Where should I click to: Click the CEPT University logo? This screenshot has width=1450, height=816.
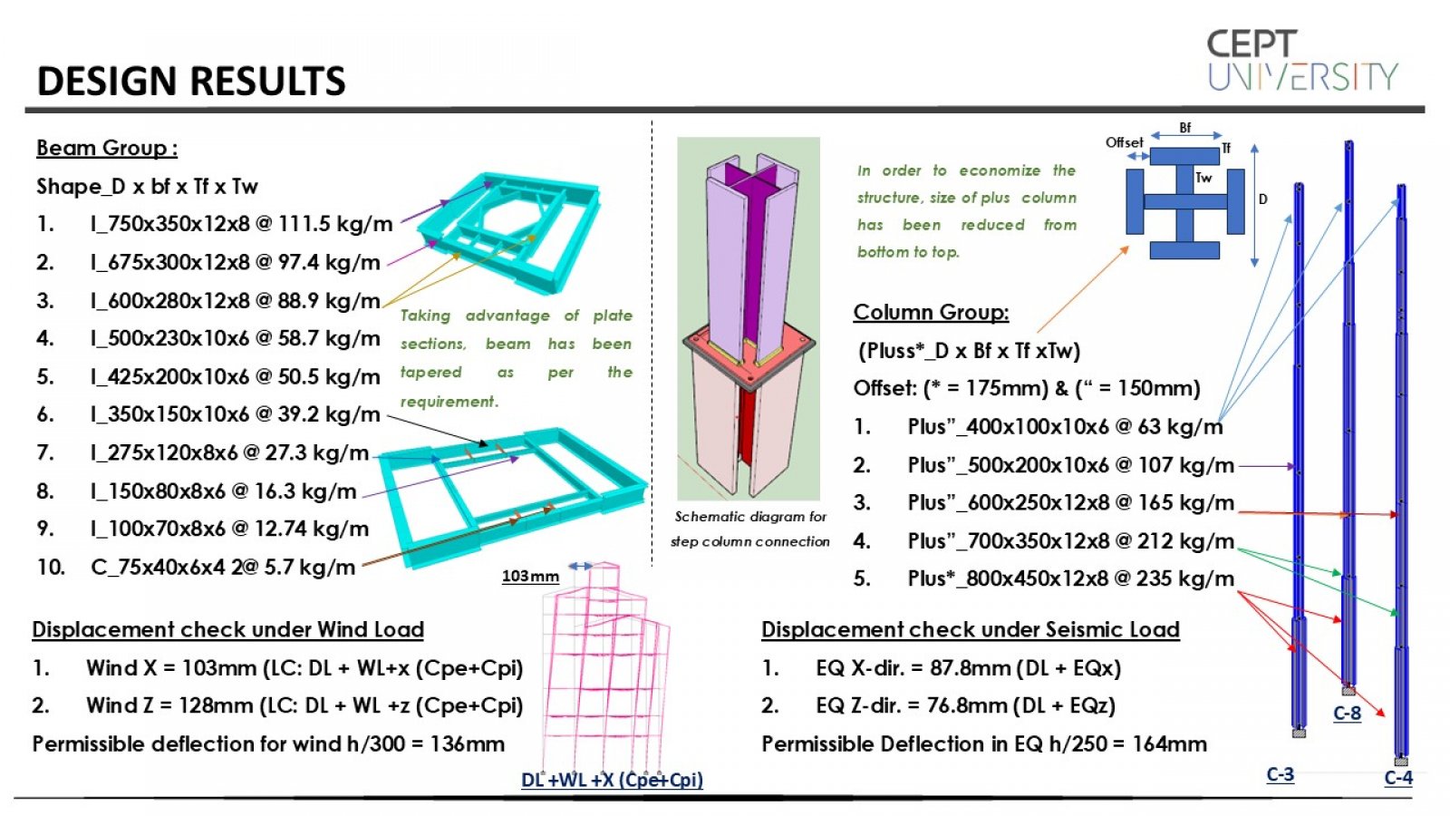1302,61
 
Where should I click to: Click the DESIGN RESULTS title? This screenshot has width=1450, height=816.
191,81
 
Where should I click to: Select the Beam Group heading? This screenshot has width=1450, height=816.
106,148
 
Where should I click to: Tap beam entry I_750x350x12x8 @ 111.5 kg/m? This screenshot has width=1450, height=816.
240,223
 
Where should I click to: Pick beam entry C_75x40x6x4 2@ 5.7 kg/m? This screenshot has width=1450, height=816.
222,568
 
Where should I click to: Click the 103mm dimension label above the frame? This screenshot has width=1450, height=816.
530,576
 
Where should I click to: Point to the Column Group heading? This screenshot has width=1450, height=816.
931,312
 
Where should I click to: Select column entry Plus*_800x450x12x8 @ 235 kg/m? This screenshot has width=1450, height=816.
1069,578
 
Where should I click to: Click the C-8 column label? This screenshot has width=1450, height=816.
1347,713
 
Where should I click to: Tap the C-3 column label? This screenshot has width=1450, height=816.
1280,774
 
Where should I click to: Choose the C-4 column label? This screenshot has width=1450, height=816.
1397,777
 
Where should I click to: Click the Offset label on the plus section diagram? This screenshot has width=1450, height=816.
1124,142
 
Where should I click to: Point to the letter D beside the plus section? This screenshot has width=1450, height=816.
1262,199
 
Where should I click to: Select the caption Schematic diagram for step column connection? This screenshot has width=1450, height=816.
749,529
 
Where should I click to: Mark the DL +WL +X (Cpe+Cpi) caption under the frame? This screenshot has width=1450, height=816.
612,780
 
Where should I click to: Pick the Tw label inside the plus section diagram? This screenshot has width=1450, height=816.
1203,178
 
